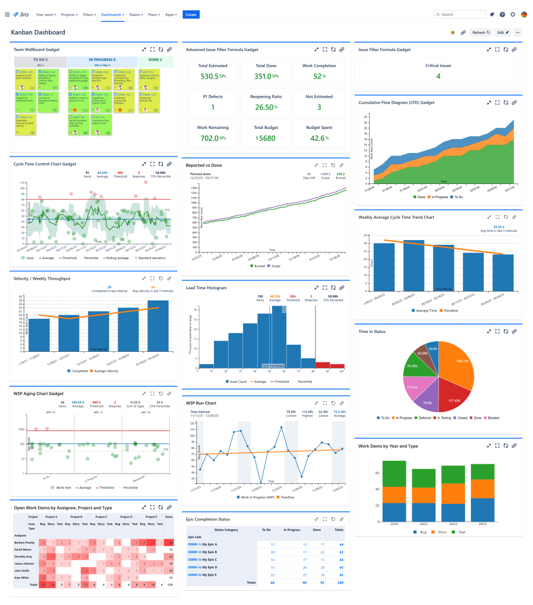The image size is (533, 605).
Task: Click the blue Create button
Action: [x=191, y=14]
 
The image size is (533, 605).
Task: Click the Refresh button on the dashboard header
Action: [x=480, y=33]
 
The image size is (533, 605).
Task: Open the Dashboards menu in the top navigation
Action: [x=112, y=14]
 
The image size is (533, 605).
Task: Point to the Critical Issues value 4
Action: [x=438, y=76]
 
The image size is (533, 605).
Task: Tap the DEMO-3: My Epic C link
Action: [x=202, y=559]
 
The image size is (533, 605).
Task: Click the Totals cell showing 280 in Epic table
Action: [x=340, y=583]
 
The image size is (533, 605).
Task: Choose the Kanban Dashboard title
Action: [x=38, y=33]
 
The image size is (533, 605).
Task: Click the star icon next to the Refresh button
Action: [x=453, y=33]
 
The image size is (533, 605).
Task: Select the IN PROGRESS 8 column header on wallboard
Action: [x=102, y=60]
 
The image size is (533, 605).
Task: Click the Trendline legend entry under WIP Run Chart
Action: [x=286, y=497]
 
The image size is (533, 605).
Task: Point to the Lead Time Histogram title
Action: [x=206, y=287]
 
